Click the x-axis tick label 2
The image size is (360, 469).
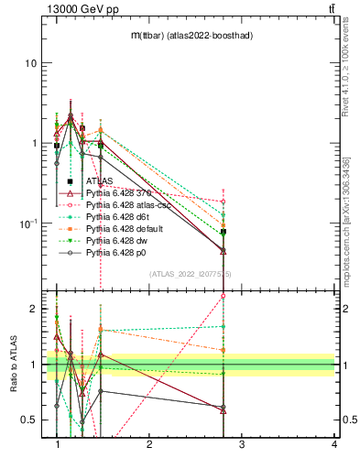(149, 444)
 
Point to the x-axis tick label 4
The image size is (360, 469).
(333, 444)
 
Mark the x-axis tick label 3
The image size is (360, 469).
(242, 444)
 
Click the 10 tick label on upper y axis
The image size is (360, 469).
(30, 63)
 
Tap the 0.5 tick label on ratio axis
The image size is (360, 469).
(28, 420)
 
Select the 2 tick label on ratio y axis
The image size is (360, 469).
(33, 309)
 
